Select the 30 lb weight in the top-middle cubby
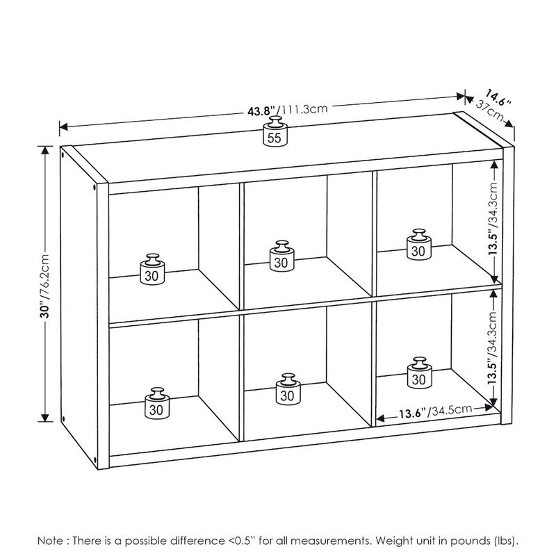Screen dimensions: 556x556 [281, 256]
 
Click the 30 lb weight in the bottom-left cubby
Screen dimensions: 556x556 [157, 404]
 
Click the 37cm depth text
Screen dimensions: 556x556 [491, 111]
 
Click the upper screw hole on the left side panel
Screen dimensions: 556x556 [92, 187]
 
